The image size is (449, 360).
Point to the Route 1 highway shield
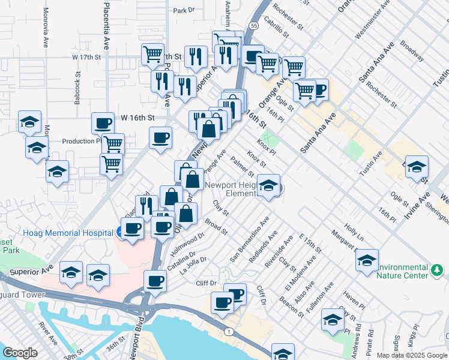(228, 331)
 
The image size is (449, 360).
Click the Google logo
(20, 353)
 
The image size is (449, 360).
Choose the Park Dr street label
(184, 10)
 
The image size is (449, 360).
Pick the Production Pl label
(82, 142)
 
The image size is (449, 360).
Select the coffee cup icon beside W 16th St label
(103, 124)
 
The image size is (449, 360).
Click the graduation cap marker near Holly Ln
(367, 260)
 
